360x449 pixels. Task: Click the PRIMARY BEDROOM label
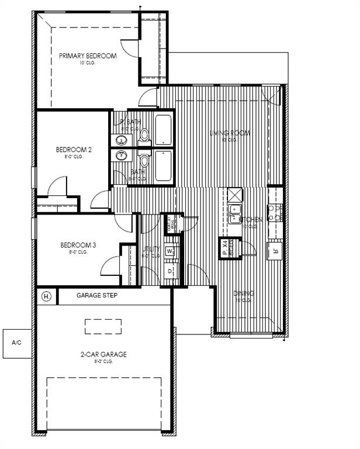(x=88, y=56)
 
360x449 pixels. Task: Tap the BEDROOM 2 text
(x=74, y=150)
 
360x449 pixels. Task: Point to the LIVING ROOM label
(x=230, y=133)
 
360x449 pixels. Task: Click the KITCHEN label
(x=251, y=219)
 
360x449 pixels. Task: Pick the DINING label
(x=244, y=293)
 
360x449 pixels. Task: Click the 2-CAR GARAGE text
(x=103, y=354)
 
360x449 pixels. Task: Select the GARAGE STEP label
(x=97, y=296)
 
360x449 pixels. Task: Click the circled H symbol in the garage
(x=47, y=296)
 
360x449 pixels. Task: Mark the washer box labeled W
(x=170, y=251)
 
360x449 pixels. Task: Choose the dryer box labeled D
(x=170, y=272)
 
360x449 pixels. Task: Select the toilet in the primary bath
(x=144, y=137)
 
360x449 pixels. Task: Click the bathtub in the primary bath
(x=163, y=130)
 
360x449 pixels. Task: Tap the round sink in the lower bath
(x=122, y=155)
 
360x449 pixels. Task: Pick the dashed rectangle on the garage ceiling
(x=103, y=326)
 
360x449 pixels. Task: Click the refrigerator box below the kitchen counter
(x=275, y=251)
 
